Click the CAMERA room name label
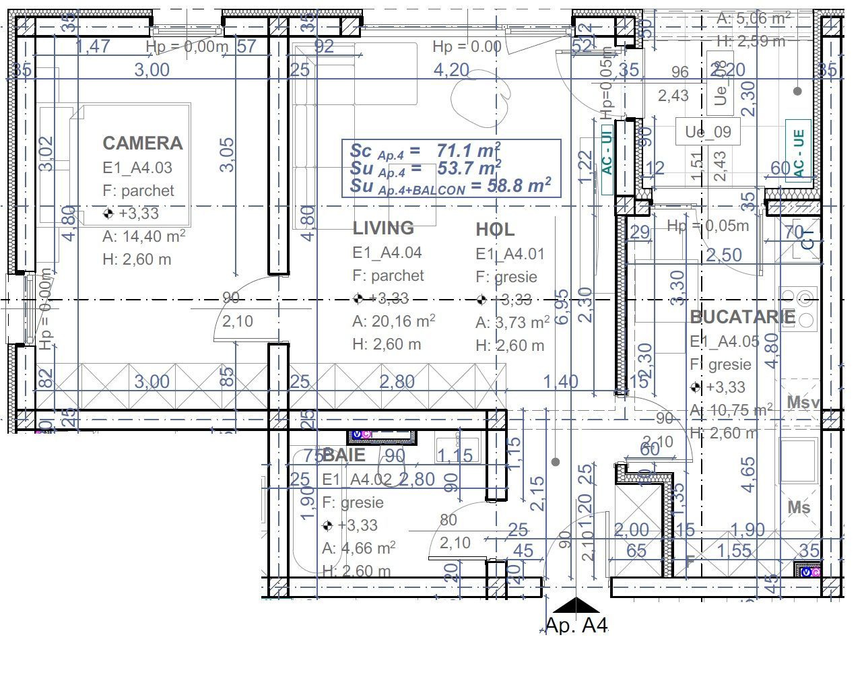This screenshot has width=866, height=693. pos(142,143)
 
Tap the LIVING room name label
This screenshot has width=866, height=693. pos(383,228)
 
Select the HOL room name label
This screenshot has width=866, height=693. pos(495,230)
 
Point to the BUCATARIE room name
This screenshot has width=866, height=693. pos(742,317)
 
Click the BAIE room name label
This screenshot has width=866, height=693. pos(344,455)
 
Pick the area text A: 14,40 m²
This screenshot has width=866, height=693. pos(143,236)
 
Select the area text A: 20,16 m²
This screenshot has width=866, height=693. pos(393,321)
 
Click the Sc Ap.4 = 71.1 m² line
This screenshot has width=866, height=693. pos(424,150)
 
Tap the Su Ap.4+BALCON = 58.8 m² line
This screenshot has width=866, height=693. pos(450,186)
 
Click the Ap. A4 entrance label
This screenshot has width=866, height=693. pos(576,626)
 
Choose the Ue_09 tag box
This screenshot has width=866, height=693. pos(708,131)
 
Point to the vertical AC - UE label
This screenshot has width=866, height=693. pos(799,154)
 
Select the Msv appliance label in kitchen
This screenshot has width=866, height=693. pos(803,403)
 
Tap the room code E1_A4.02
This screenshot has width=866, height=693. pos(357,480)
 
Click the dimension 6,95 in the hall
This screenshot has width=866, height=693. pos(562,307)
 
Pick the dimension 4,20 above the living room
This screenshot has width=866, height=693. pos(451,70)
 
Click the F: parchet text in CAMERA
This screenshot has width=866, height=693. pos(138,191)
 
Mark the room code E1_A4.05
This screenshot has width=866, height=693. pos(725,341)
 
